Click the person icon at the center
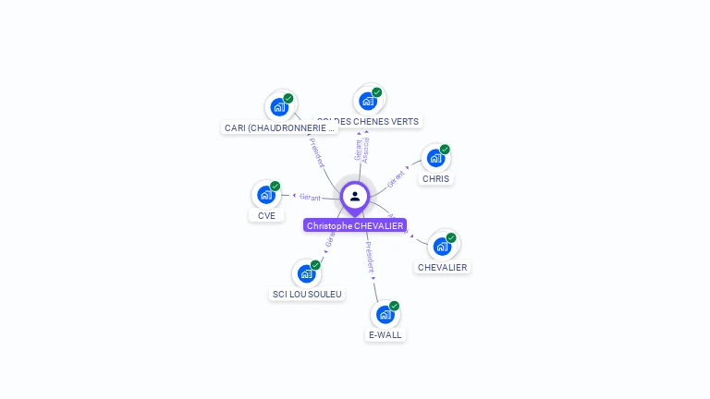[x=355, y=197]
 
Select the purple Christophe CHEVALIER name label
[x=355, y=225]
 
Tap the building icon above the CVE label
[x=265, y=195]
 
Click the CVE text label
[x=266, y=215]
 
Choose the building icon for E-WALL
[x=385, y=315]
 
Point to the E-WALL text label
[x=385, y=335]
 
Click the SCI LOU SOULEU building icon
[x=306, y=274]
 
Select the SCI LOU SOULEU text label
[x=307, y=295]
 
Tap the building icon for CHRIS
[x=435, y=159]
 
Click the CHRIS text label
[x=435, y=179]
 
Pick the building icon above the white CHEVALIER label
[x=442, y=247]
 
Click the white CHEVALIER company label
[x=443, y=267]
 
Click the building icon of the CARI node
[x=279, y=107]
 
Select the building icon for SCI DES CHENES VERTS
[x=368, y=101]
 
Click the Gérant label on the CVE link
[x=310, y=197]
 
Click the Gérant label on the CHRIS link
[x=397, y=178]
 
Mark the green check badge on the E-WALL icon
[x=394, y=306]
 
